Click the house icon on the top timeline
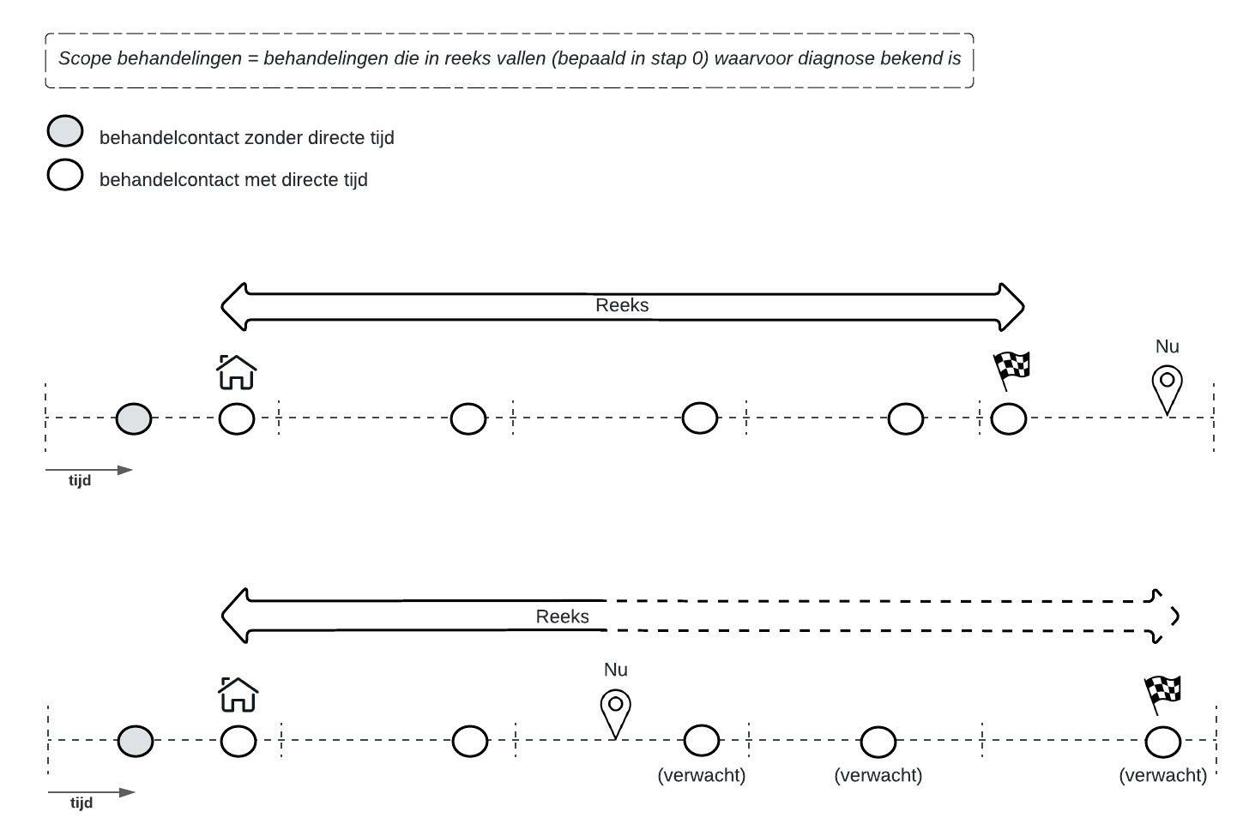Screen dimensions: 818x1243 [x=237, y=373]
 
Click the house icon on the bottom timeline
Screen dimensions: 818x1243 [x=238, y=695]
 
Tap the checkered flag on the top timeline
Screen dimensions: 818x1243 [x=1011, y=370]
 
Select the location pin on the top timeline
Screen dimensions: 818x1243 [x=1167, y=388]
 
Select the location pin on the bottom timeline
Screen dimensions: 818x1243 [x=615, y=712]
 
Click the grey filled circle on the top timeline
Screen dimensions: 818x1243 [x=134, y=419]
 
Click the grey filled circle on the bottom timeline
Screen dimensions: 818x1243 [x=136, y=741]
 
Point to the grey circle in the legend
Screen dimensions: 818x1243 [x=64, y=132]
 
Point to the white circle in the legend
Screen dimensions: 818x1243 [x=64, y=175]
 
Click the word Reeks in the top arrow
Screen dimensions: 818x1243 [x=622, y=305]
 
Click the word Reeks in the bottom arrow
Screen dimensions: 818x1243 [x=562, y=617]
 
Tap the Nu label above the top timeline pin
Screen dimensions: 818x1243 [x=1167, y=346]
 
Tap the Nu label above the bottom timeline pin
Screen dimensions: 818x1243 [x=615, y=670]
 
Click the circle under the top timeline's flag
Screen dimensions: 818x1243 [x=1008, y=419]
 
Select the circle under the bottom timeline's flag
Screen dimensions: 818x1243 [x=1162, y=742]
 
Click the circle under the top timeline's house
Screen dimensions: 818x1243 [x=237, y=419]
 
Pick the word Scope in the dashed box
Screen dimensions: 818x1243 [x=84, y=59]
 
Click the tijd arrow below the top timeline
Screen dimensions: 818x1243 [x=89, y=470]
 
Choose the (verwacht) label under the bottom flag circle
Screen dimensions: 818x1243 [x=1162, y=775]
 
